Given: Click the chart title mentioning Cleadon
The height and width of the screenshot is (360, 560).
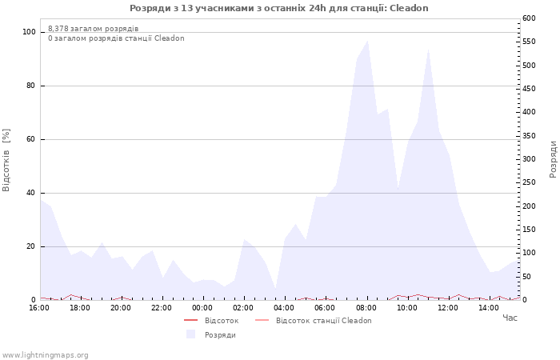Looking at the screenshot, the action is coord(279,8).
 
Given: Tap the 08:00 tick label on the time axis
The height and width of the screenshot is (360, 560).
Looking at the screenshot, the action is coord(366,308).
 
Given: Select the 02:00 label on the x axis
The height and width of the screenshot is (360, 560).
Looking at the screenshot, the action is coord(243,308).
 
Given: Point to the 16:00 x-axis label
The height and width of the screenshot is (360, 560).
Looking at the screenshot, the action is coord(39,308).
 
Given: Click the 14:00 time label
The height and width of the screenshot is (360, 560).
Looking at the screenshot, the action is coord(489,308).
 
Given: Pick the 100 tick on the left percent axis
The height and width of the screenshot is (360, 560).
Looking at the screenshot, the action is coord(29,32).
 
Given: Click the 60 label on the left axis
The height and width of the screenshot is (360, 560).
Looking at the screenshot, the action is coord(30,139).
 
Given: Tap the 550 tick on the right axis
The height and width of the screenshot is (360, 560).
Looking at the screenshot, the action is coord(529,42).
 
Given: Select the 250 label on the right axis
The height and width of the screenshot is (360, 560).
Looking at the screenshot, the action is coord(529,182).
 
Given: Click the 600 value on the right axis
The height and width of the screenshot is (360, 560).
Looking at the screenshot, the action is coord(529,18).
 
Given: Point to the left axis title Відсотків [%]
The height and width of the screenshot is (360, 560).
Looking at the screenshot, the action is coord(6,160).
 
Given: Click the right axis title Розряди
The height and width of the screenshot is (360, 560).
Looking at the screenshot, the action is coord(553,159).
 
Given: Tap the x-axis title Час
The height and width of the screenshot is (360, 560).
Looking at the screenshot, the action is coord(510,318).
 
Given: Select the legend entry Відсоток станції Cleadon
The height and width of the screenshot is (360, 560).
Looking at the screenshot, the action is coord(314,321).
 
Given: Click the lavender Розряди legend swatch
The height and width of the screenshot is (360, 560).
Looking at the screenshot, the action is coord(191,334).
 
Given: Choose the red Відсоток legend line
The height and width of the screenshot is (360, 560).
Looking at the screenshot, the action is coord(191,320).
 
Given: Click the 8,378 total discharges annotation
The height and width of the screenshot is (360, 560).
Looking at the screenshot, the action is coord(94,29).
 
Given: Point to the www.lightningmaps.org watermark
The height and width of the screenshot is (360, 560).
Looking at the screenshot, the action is coord(45,355).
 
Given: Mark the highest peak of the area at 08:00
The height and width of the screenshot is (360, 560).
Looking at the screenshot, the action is coord(367,41).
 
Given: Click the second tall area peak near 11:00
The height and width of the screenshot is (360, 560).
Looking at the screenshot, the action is coord(428,50).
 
